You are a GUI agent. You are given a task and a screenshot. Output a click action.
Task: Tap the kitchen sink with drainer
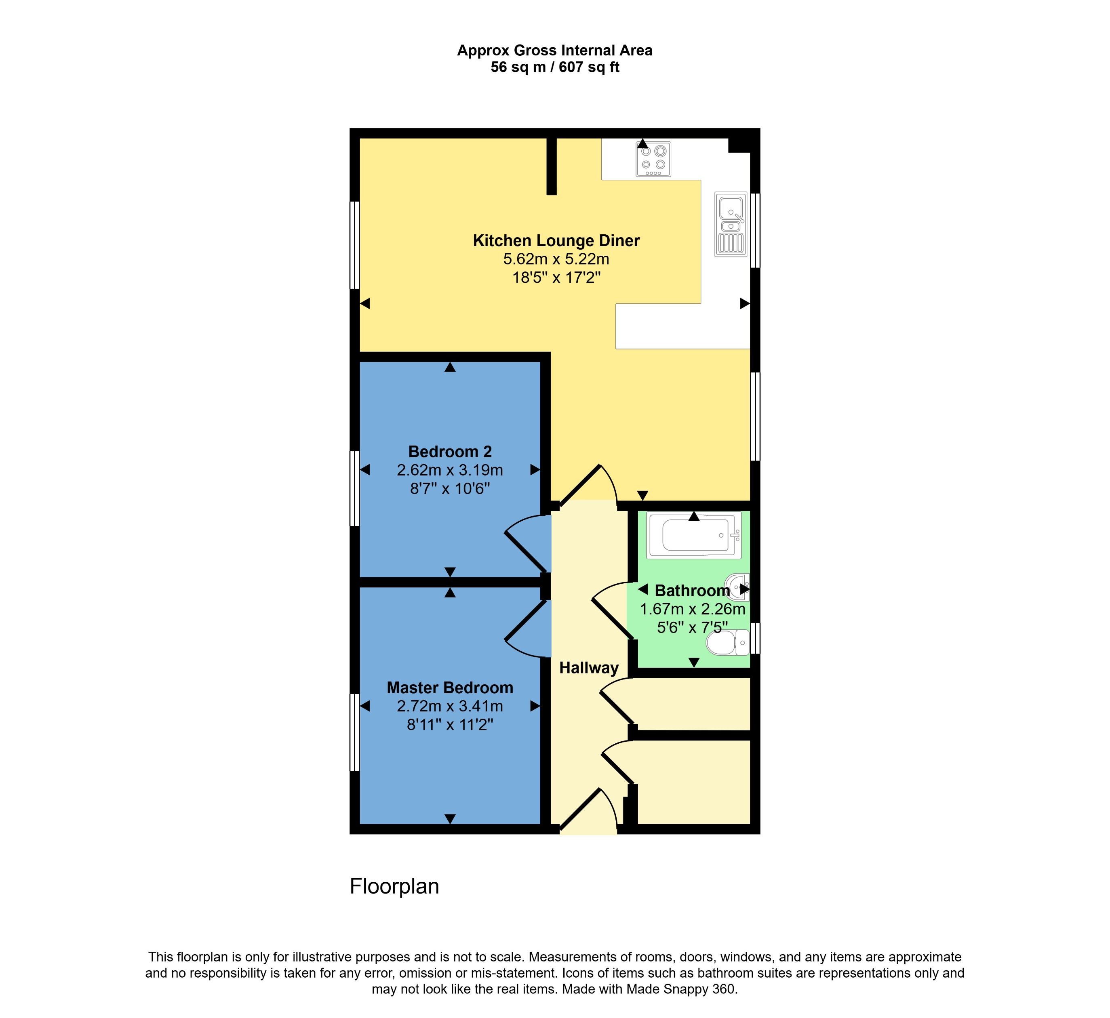pyautogui.click(x=731, y=224)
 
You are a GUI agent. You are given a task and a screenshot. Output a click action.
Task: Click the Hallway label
pyautogui.click(x=589, y=668)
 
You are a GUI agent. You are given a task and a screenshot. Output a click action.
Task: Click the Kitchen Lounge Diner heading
pyautogui.click(x=556, y=241)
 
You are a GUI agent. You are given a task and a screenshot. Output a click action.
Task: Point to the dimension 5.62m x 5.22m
pyautogui.click(x=556, y=259)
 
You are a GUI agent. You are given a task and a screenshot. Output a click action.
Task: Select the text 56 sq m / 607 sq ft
pyautogui.click(x=555, y=67)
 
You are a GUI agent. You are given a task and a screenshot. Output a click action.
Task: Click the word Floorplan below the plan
pyautogui.click(x=394, y=886)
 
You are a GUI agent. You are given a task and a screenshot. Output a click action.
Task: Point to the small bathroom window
pyautogui.click(x=755, y=638)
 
